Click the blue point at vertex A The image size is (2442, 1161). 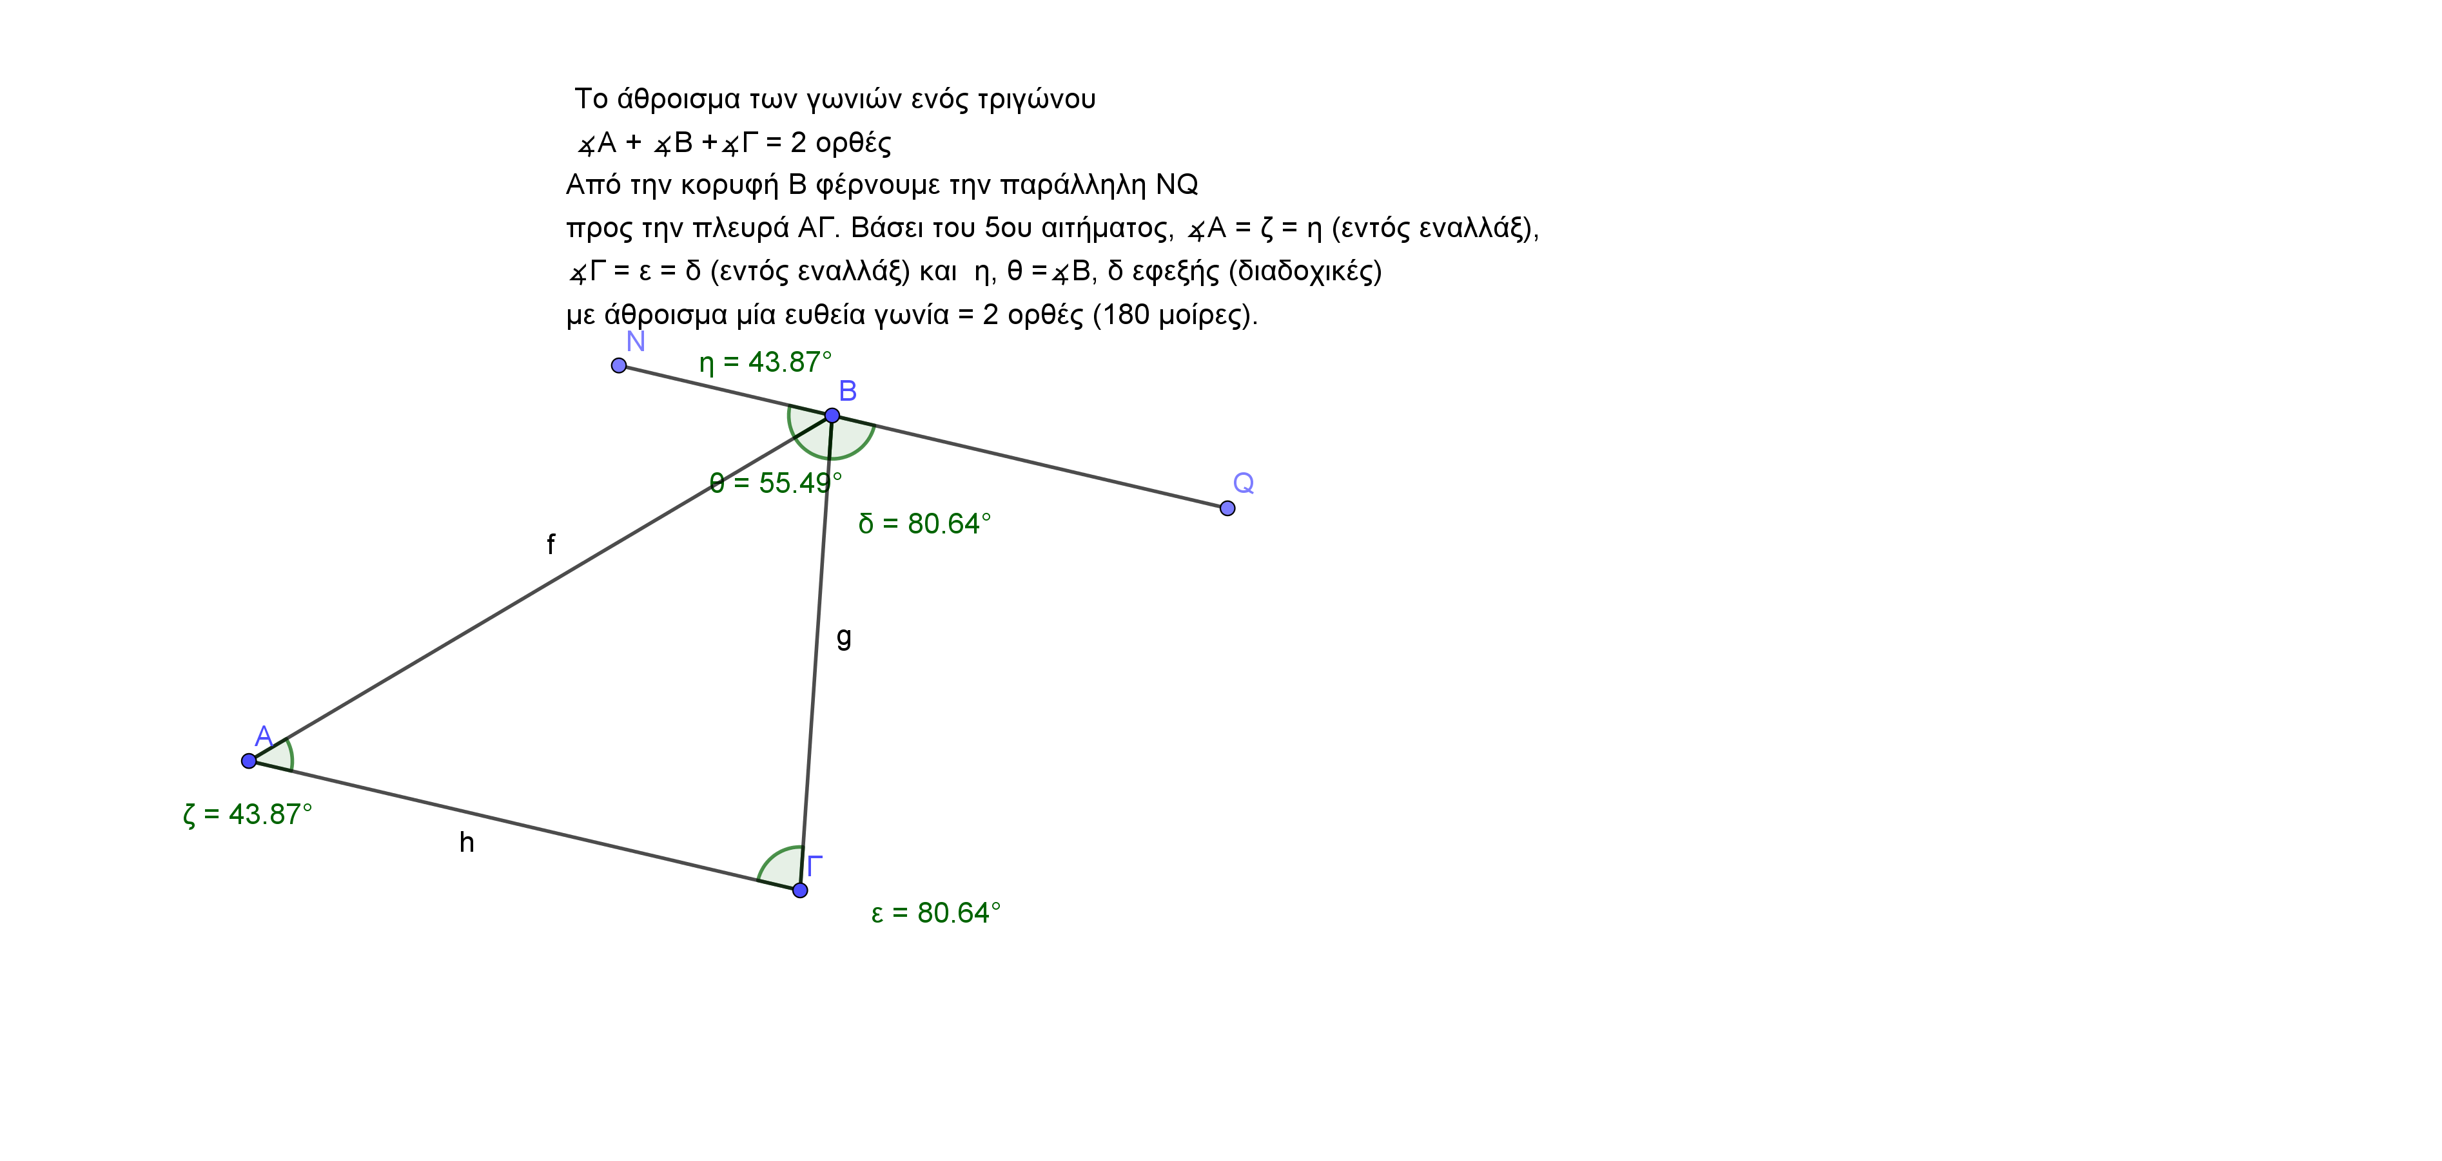pos(248,761)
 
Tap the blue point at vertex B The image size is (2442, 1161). pos(832,415)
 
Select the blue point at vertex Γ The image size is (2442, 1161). pos(800,890)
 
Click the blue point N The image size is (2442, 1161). pos(619,366)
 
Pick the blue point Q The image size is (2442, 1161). pos(1227,508)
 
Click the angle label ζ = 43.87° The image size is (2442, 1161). pos(248,814)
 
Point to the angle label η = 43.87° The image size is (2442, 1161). pos(765,362)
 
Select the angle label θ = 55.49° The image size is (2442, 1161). pos(776,483)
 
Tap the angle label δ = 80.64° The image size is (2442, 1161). pos(924,523)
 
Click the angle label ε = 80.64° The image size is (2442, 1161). pos(935,913)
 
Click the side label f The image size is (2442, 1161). pos(551,544)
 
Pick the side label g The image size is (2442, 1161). pos(844,637)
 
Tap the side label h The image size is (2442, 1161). pos(466,841)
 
